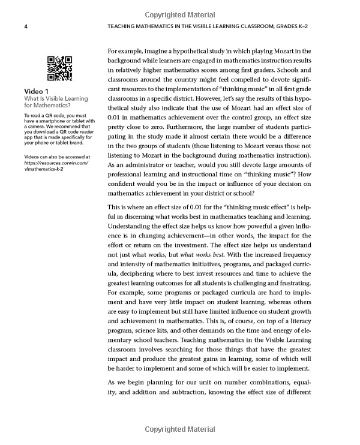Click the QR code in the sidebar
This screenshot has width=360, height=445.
click(59, 68)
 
